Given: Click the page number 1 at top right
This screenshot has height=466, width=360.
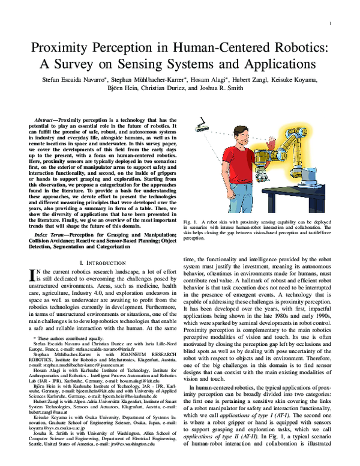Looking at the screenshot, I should pos(330,23).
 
